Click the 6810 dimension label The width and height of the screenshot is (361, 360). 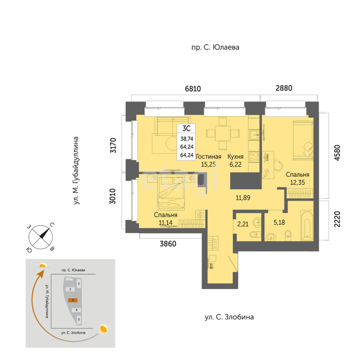click(193, 88)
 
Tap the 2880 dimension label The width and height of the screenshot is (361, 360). click(284, 88)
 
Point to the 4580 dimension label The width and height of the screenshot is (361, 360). click(337, 153)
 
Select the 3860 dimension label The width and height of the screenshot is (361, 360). click(168, 244)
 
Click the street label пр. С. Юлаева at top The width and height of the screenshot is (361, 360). click(215, 47)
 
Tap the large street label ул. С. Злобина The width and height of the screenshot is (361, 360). click(230, 317)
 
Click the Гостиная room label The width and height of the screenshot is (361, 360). click(208, 157)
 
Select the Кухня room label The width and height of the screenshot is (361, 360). click(235, 157)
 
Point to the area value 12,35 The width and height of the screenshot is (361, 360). click(297, 183)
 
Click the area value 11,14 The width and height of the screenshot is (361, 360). click(165, 223)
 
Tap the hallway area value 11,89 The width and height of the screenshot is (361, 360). click(243, 198)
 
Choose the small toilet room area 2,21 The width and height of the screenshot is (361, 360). click(243, 224)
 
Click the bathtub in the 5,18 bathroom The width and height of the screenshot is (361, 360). click(307, 226)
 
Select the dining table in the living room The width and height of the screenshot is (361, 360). click(223, 133)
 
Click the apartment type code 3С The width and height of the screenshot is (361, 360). click(186, 128)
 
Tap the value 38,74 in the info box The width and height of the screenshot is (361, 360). click(187, 139)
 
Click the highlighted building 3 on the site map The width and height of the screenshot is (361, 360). click(73, 300)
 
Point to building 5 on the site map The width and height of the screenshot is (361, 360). click(79, 319)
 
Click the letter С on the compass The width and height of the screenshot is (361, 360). click(52, 225)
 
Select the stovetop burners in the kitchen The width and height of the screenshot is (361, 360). click(254, 157)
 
